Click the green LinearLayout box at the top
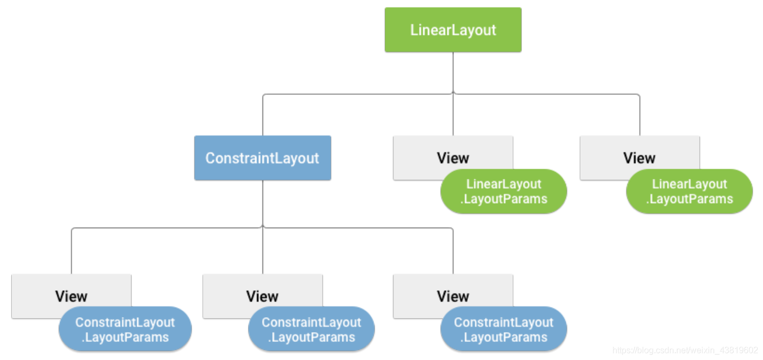tap(453, 29)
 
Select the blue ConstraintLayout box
tap(263, 157)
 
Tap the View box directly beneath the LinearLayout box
tap(453, 157)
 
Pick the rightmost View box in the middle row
tap(640, 157)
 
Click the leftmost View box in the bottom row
tap(71, 296)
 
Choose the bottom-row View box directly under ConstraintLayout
tap(263, 296)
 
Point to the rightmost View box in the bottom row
tap(453, 296)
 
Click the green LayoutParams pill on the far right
tap(690, 191)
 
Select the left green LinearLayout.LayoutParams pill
tap(504, 191)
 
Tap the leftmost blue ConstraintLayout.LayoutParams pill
tap(125, 329)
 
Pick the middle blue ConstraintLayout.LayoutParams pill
tap(311, 329)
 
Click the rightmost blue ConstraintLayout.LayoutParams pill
tap(504, 329)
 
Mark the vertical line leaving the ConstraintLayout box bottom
tap(263, 204)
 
